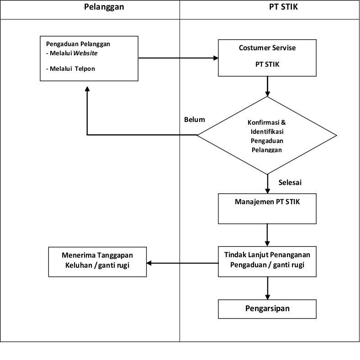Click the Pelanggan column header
coord(104,7)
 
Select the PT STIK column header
coord(283,7)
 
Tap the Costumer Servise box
coord(267,58)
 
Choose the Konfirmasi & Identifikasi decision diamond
coord(267,135)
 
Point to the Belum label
coord(195,120)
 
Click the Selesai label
coord(290,183)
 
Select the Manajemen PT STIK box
coord(267,209)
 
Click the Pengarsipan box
coord(267,308)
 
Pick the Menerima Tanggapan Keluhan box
coord(98,262)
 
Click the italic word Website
coord(86,53)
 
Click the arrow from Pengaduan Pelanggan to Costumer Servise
coord(178,58)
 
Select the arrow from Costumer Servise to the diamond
coord(267,86)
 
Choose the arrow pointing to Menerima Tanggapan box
coord(183,263)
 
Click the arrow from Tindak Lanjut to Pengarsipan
coord(267,288)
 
